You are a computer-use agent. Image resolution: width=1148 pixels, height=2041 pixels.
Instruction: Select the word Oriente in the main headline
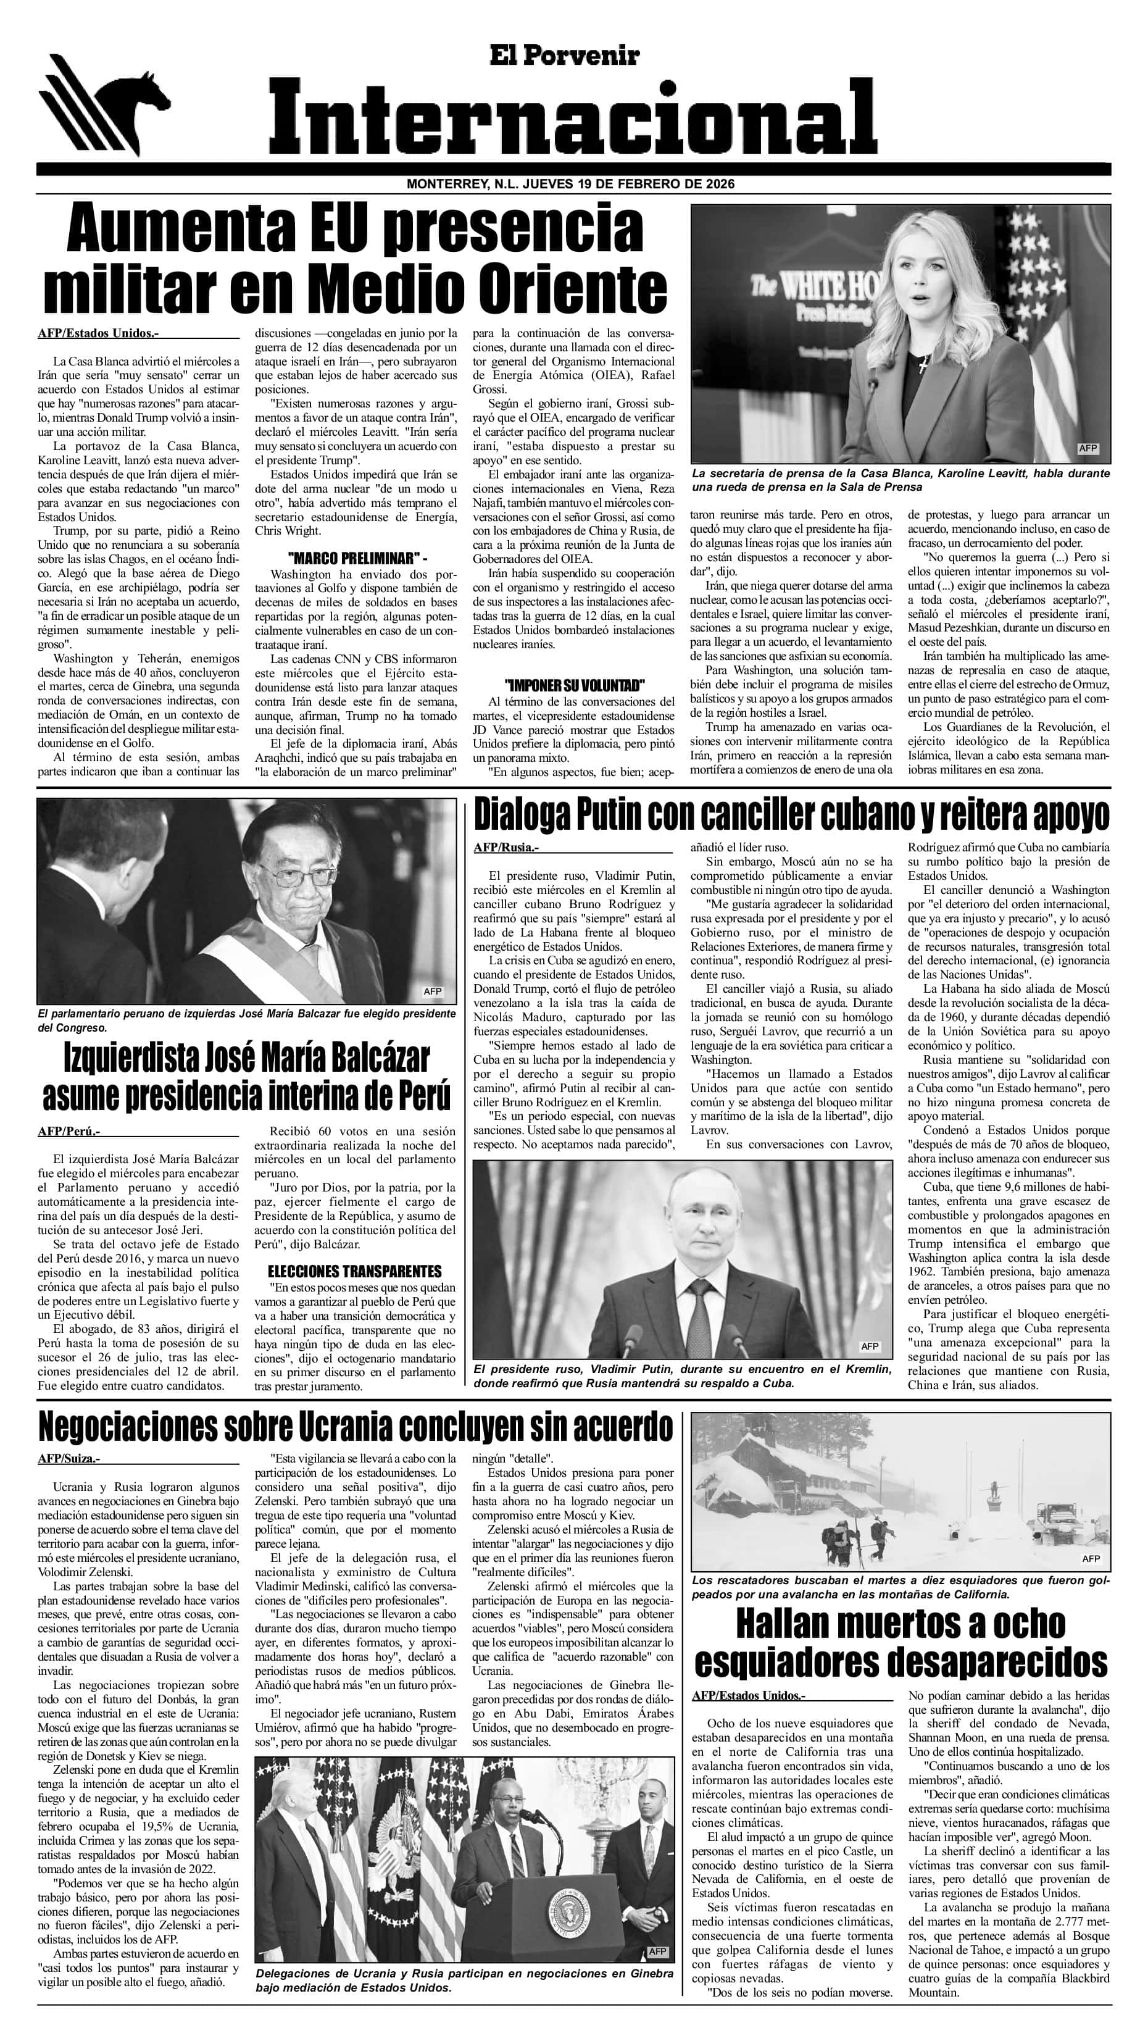pyautogui.click(x=575, y=290)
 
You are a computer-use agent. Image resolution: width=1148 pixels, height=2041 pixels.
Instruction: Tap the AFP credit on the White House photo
pyautogui.click(x=1088, y=448)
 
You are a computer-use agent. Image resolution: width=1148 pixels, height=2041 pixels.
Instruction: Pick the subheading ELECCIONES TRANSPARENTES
pyautogui.click(x=354, y=1272)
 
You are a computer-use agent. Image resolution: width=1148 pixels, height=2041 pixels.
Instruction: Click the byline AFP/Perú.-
pyautogui.click(x=69, y=1132)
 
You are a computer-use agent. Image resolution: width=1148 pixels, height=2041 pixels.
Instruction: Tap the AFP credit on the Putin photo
pyautogui.click(x=870, y=1346)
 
